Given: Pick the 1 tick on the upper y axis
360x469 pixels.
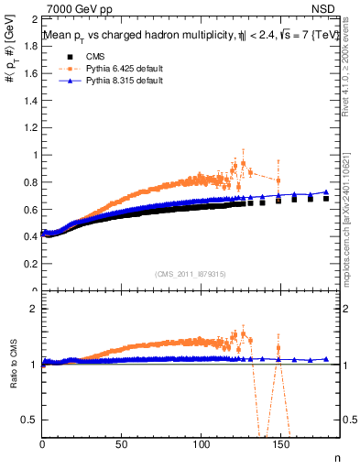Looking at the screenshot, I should (x=34, y=155).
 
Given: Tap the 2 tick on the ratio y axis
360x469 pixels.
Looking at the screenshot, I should (x=34, y=309).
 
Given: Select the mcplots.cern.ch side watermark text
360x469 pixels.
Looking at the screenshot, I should (x=348, y=220).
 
